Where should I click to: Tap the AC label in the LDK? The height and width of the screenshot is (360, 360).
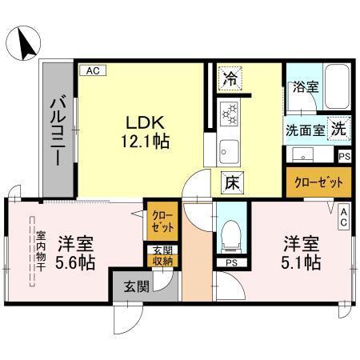tap(91, 71)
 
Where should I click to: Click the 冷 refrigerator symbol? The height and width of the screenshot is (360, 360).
tap(230, 78)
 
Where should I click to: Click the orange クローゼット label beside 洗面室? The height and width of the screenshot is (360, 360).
tap(318, 182)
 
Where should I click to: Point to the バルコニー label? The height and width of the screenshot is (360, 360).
tap(58, 130)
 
